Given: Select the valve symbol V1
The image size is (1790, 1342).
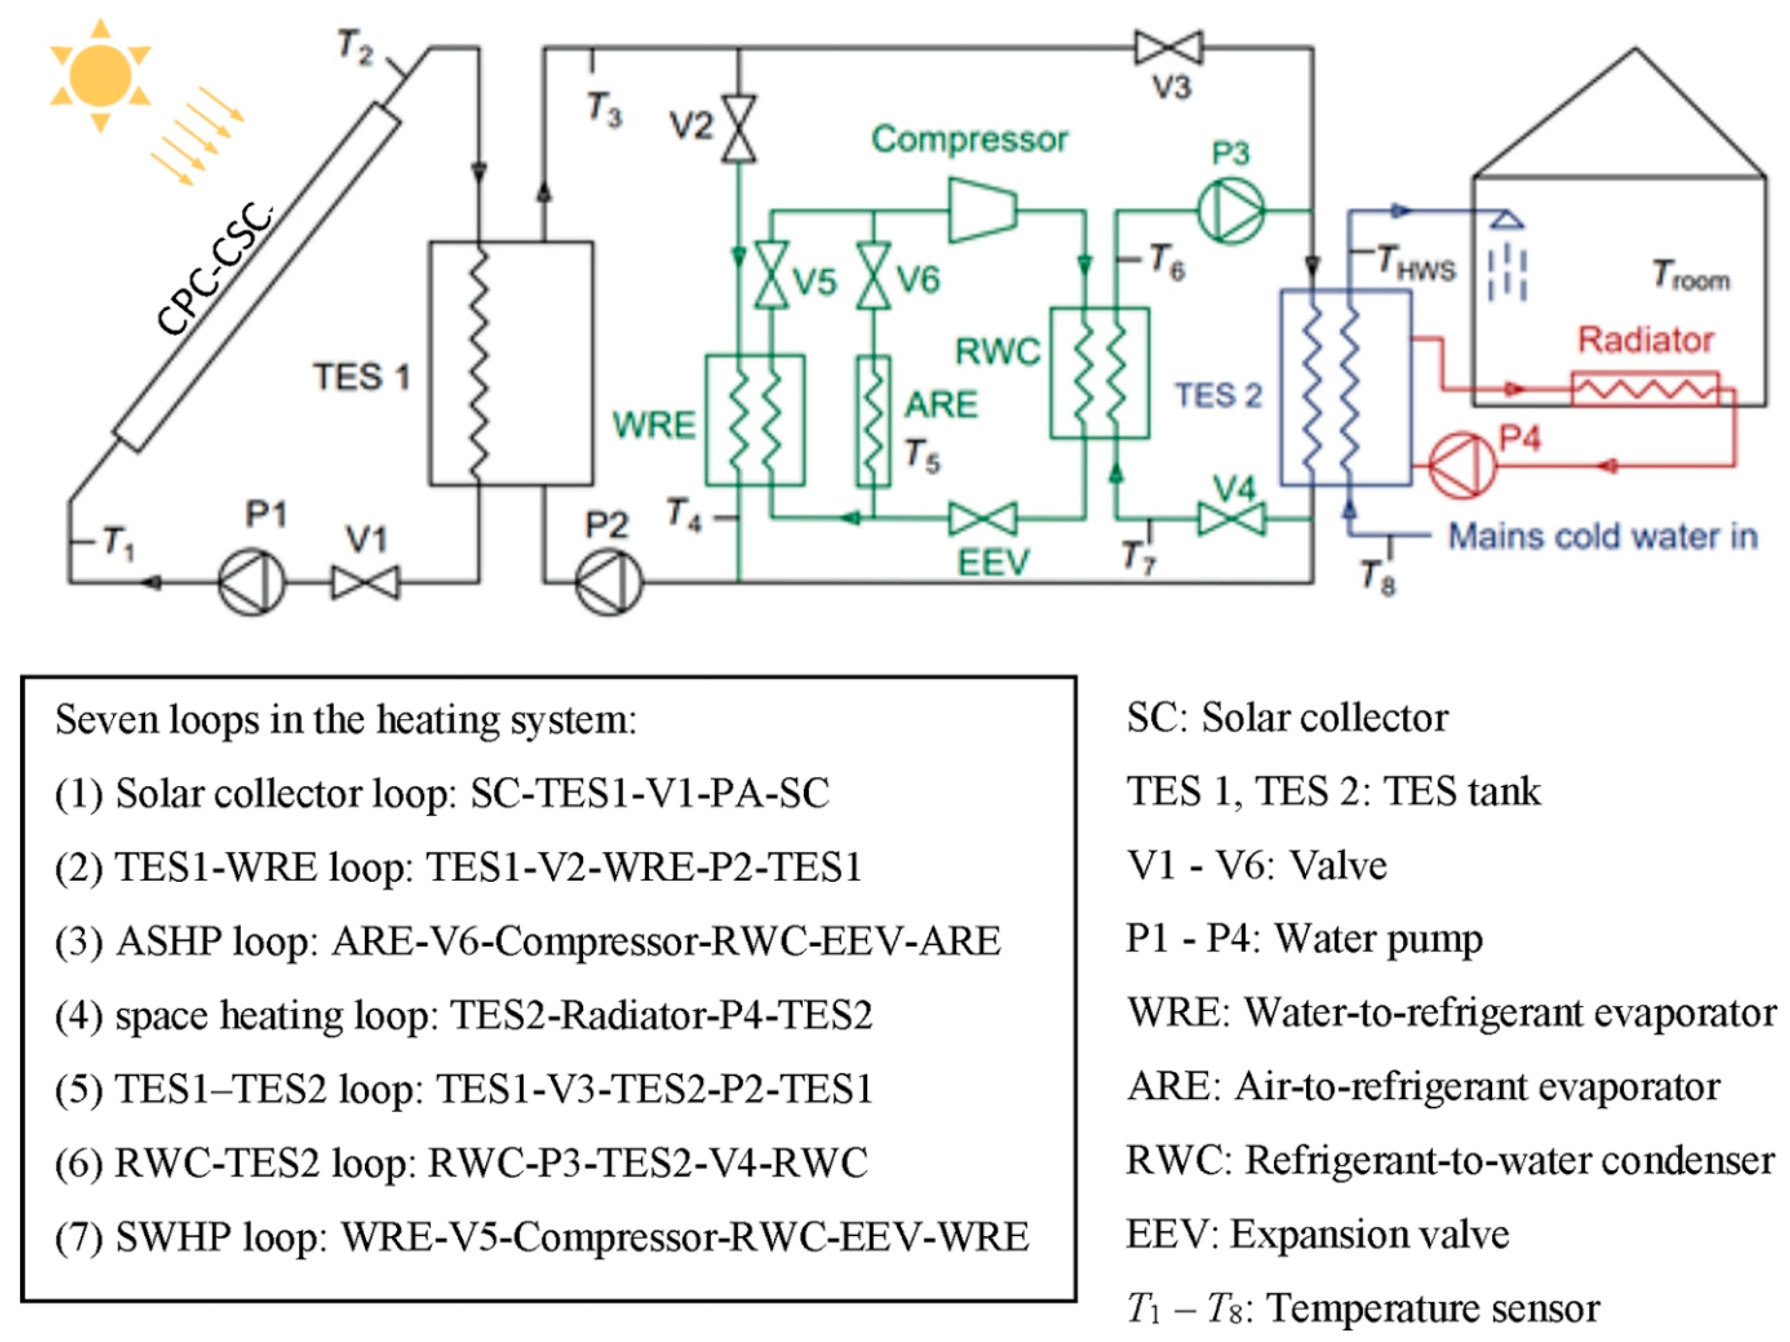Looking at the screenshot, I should coord(365,582).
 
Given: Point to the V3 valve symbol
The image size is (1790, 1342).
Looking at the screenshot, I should coord(1169,48).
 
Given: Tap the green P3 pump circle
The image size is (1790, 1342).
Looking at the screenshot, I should coord(1230,211).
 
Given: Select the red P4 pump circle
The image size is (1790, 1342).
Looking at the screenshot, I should coord(1462,466).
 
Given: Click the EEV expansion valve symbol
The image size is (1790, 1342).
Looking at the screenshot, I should coord(983,518).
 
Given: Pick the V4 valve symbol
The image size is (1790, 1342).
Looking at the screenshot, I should coord(1231,518).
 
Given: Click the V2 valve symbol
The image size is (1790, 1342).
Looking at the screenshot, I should coord(738,129).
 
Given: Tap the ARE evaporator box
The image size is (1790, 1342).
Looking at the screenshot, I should coord(873,420).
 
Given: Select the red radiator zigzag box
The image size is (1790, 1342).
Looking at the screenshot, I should coord(1643,389).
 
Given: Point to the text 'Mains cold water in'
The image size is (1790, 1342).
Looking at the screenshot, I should coord(1602,536).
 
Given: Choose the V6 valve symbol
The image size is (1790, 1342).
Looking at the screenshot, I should coord(874,275).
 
